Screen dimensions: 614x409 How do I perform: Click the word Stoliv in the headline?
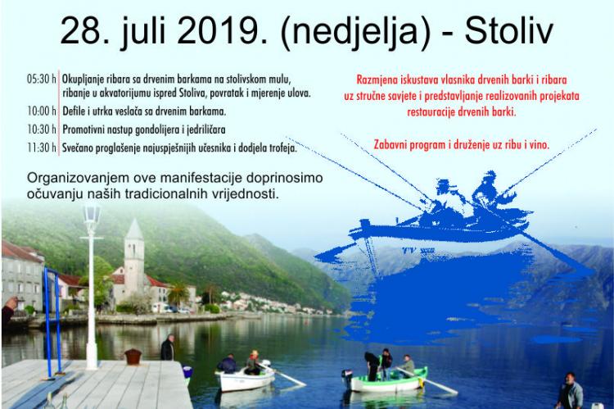[508, 31]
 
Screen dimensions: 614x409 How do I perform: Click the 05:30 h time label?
[42, 80]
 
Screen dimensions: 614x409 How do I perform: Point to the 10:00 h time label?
[42, 111]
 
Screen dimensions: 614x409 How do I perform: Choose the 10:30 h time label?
[42, 130]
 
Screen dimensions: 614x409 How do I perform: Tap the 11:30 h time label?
[42, 148]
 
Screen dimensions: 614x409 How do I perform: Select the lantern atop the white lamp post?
[91, 215]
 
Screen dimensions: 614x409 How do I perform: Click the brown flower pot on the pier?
[133, 357]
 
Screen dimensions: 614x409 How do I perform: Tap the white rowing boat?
[246, 379]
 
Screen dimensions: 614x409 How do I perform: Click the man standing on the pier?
[168, 348]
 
